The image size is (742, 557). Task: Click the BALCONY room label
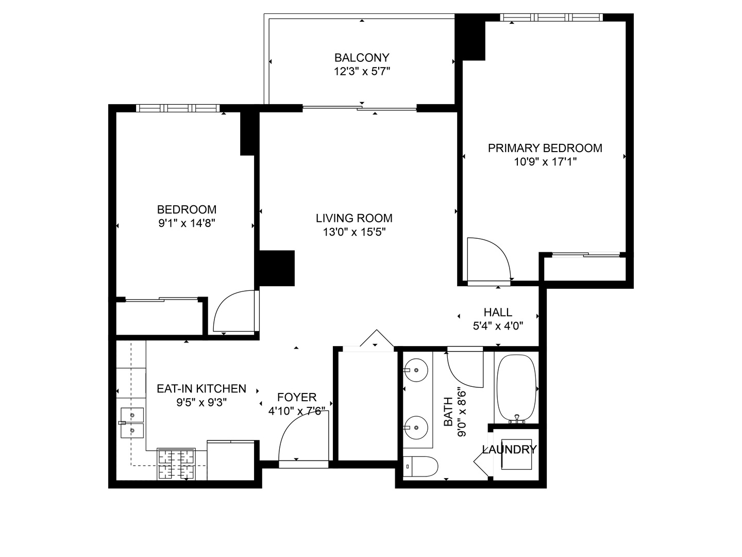(x=362, y=58)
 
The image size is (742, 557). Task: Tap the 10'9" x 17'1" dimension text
(x=545, y=162)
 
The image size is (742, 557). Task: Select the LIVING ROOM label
(x=354, y=218)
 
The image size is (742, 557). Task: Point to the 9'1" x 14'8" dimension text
(x=187, y=223)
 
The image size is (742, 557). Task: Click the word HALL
(x=498, y=312)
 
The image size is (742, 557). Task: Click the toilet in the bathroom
(x=420, y=466)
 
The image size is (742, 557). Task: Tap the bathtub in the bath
(x=516, y=388)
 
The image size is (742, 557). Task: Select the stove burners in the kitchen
(x=176, y=464)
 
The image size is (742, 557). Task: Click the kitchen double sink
(x=132, y=423)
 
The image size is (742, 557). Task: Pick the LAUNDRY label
(x=509, y=449)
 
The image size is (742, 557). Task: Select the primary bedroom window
(x=551, y=17)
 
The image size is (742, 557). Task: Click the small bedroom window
(x=178, y=108)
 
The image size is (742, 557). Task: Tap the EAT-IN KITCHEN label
(x=201, y=388)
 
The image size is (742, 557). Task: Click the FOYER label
(x=297, y=397)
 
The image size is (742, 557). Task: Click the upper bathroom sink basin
(x=416, y=370)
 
